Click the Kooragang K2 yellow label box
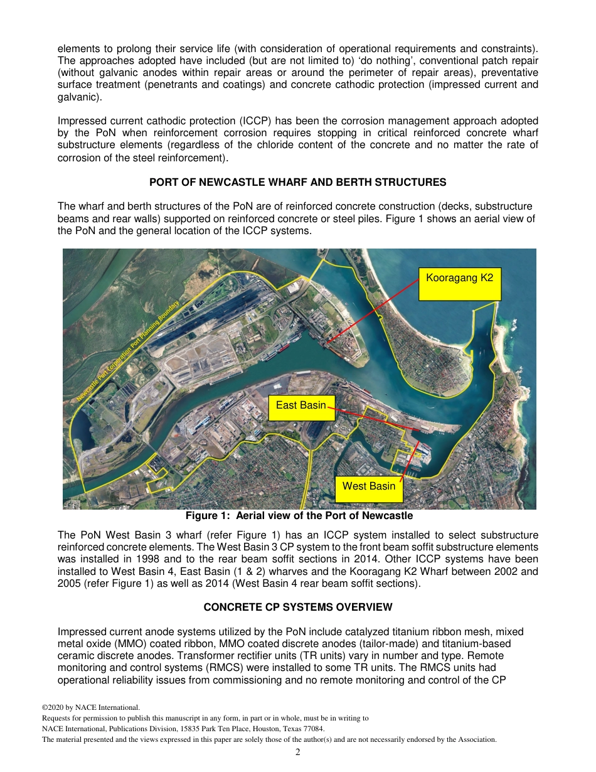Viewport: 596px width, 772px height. tap(460, 284)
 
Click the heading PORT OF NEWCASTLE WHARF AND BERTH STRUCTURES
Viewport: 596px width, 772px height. tap(297, 183)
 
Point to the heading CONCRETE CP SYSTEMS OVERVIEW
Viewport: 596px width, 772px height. tap(298, 607)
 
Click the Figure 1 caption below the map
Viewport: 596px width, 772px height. tap(299, 516)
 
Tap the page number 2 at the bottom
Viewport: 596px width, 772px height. tap(298, 752)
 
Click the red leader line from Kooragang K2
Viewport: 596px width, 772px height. tap(373, 311)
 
